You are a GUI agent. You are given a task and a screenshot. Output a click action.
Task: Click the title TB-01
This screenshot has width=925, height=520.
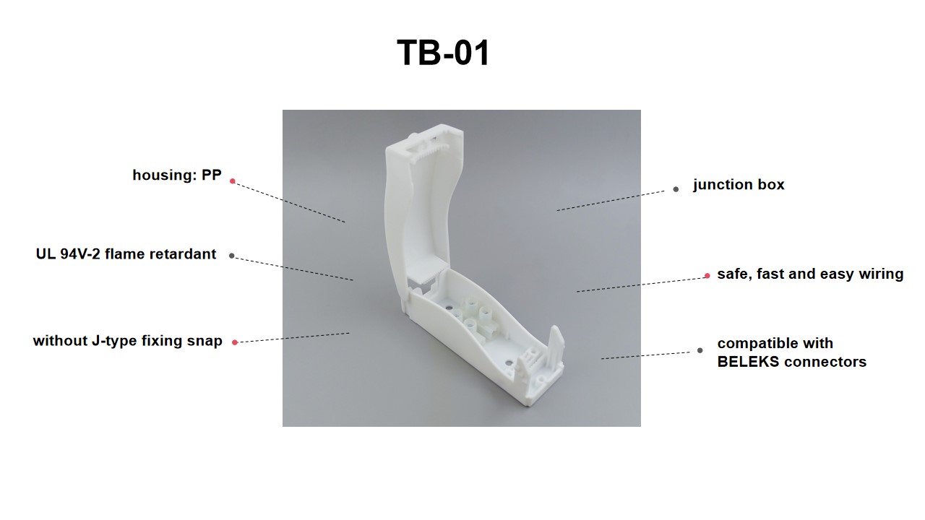coord(443,53)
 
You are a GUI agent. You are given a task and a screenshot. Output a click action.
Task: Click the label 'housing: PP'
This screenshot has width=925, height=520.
coord(177,175)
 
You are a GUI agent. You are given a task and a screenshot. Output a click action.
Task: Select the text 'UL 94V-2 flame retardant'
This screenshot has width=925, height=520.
coord(126,254)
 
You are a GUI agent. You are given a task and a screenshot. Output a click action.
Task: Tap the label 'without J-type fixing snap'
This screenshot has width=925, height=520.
coord(127,341)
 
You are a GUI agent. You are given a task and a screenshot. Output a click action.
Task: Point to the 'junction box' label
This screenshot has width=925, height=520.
coord(738,185)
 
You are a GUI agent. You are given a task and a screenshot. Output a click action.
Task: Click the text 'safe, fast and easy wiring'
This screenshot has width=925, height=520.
coord(809,274)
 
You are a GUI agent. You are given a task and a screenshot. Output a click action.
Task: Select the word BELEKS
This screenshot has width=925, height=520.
coord(748,362)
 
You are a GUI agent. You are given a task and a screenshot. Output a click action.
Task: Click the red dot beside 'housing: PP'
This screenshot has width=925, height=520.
coord(232,181)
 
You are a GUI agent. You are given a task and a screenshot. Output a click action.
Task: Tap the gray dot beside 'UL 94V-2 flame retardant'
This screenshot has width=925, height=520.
coord(231,255)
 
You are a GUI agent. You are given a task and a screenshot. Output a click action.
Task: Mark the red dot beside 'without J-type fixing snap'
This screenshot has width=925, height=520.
coord(235,342)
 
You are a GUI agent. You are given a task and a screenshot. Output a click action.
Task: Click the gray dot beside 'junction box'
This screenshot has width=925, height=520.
coord(676,189)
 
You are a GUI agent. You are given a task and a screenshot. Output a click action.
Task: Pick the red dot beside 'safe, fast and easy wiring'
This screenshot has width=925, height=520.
coord(707,276)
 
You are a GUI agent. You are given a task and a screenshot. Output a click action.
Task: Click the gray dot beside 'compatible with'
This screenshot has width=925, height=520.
coord(700,351)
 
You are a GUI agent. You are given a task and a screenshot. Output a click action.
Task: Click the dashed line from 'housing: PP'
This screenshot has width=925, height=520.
coord(289,201)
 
